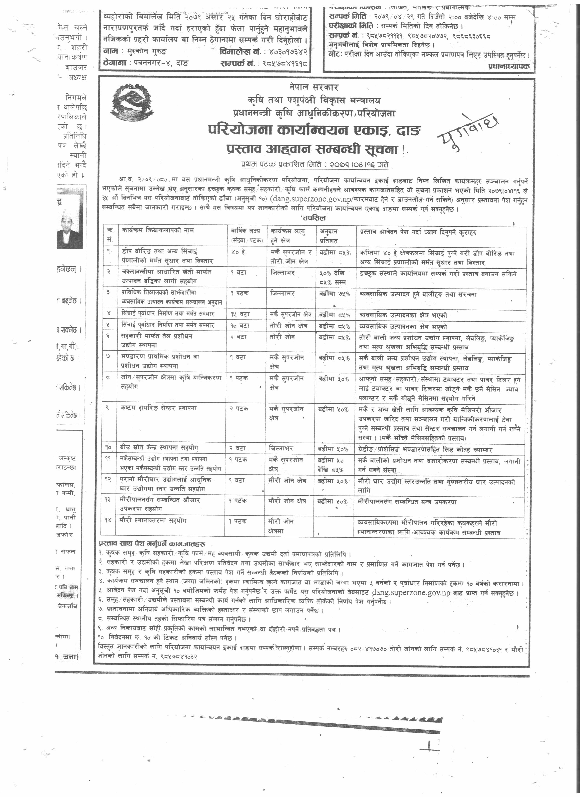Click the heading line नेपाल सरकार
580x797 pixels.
pyautogui.click(x=314, y=87)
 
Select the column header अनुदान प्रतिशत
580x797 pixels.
pyautogui.click(x=329, y=236)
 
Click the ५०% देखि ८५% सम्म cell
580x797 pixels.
pyautogui.click(x=332, y=277)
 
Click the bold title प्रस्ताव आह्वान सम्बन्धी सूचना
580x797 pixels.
pyautogui.click(x=312, y=149)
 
